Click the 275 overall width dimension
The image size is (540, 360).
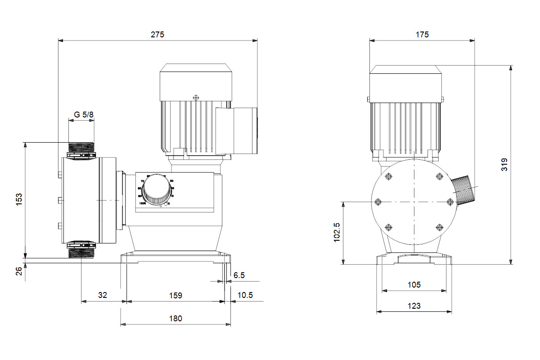(x=157, y=34)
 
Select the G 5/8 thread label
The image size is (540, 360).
(x=84, y=115)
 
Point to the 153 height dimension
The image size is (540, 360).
(x=19, y=199)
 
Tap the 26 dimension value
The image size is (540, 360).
(x=19, y=271)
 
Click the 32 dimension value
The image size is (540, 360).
(x=103, y=295)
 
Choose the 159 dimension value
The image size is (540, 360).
(x=175, y=295)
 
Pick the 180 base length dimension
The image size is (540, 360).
(x=175, y=318)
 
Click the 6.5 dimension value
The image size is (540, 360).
(x=239, y=275)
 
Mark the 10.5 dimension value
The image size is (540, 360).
(x=245, y=295)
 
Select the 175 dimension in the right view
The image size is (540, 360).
(x=422, y=34)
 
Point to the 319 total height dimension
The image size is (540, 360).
(x=504, y=164)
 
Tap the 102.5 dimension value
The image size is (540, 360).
(x=337, y=232)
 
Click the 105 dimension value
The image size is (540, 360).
(x=414, y=284)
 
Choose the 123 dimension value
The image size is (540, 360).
(x=414, y=306)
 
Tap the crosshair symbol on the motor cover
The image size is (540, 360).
(x=195, y=97)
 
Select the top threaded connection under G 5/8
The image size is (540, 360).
(x=81, y=148)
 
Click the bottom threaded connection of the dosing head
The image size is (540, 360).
(x=81, y=251)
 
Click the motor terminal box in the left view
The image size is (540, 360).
(x=237, y=130)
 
